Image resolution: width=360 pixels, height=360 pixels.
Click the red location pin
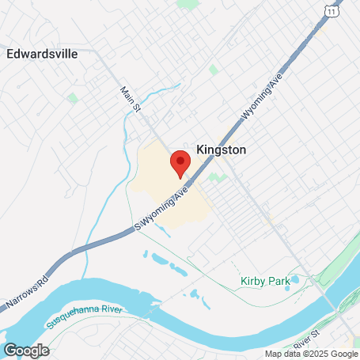(180, 162)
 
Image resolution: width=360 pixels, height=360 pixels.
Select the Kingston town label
(221, 150)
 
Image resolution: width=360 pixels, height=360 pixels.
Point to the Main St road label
(129, 100)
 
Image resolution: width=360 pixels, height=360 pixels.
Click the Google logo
(25, 351)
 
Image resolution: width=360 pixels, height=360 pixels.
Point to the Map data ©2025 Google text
(311, 354)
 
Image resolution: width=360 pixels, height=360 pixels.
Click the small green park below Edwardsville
(73, 97)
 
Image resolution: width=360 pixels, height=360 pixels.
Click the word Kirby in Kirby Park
(252, 281)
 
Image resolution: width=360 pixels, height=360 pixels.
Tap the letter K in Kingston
(199, 150)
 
